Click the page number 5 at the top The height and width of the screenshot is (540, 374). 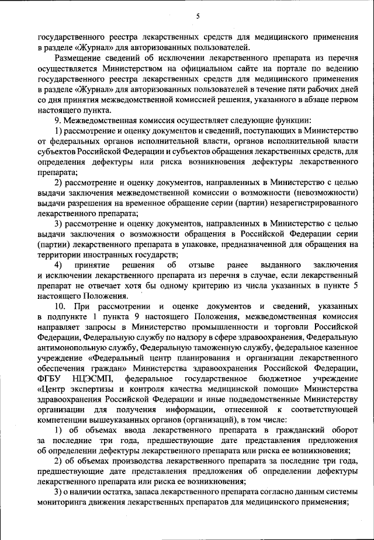click(198, 16)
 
